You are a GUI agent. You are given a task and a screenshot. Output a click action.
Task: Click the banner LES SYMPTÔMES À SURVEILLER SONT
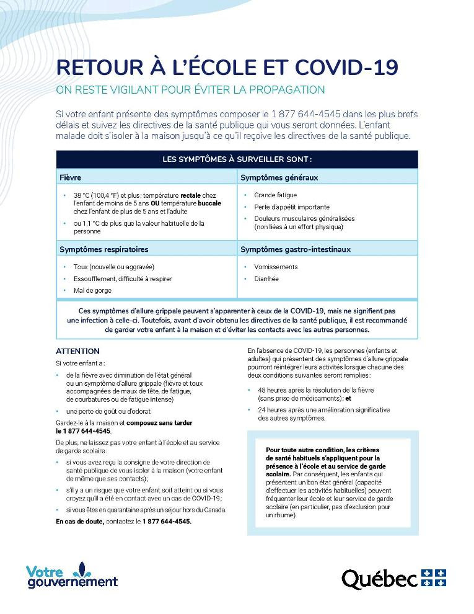tap(237, 159)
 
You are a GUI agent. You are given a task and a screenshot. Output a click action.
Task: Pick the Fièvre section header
tap(70, 177)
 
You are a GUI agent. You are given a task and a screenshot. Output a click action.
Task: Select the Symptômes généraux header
tap(279, 177)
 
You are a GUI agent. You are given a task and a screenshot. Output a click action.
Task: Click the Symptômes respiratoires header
tap(103, 249)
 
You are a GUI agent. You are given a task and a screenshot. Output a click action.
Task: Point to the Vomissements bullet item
tap(276, 267)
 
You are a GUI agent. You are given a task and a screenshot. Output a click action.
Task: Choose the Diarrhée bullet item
tap(266, 278)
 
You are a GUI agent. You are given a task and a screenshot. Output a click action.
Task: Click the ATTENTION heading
tap(77, 351)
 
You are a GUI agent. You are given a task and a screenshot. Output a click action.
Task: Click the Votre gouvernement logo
tap(71, 575)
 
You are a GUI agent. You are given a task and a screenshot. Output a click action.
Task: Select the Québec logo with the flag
tap(393, 578)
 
